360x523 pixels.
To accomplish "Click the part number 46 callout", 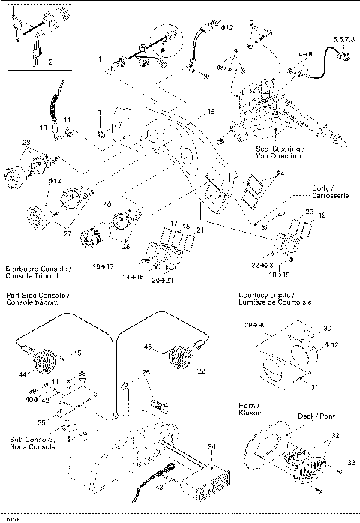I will click(x=211, y=112).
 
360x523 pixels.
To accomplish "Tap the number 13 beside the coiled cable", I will click(x=43, y=128).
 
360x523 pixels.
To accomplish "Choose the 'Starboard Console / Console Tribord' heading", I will click(x=38, y=272).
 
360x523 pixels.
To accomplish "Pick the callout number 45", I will click(x=76, y=353).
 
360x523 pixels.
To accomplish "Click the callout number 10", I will click(x=207, y=75).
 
